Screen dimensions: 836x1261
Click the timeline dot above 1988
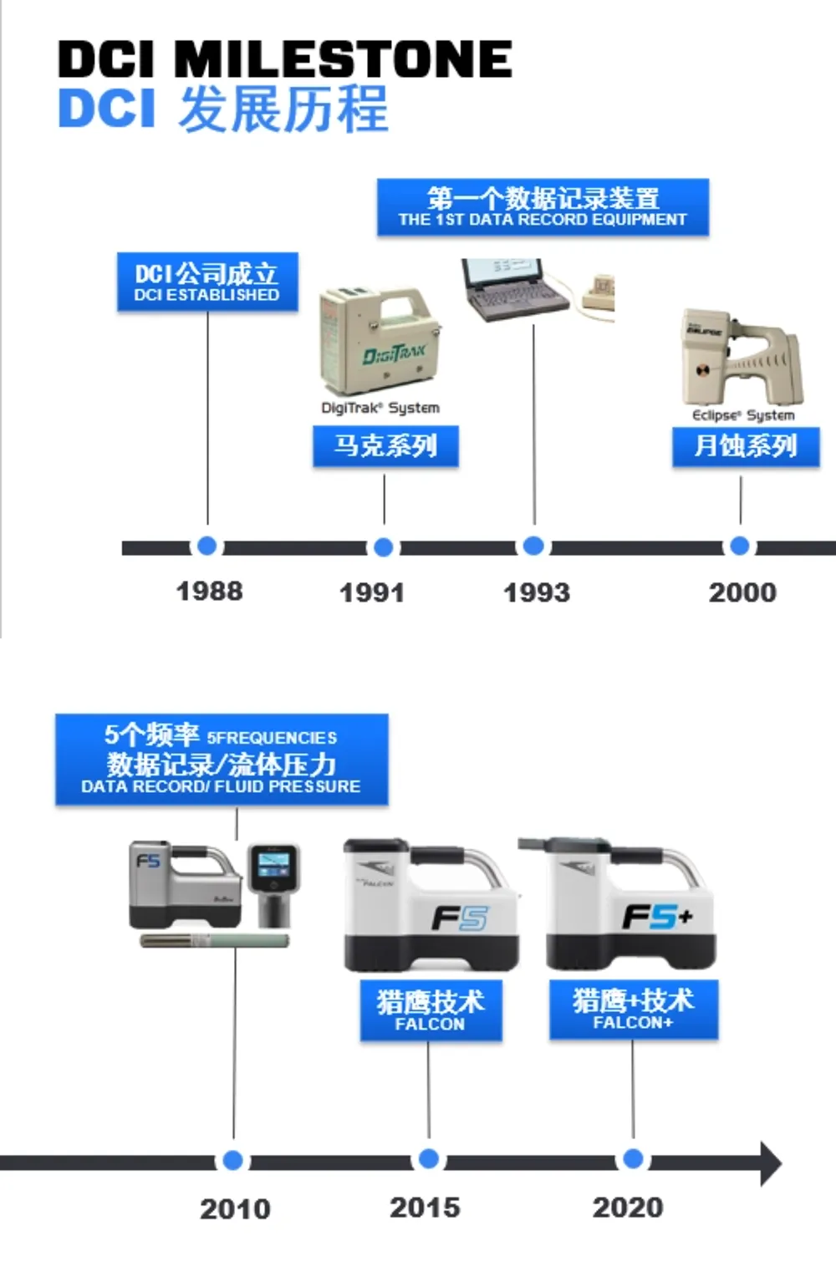click(207, 547)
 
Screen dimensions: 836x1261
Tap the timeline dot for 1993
click(533, 547)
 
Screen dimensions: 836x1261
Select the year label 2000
click(742, 592)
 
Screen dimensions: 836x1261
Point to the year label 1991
click(372, 592)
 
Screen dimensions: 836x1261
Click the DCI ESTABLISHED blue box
click(207, 282)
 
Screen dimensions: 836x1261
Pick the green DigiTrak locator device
click(380, 342)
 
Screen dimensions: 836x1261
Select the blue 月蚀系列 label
click(746, 446)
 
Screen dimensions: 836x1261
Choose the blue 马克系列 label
click(385, 446)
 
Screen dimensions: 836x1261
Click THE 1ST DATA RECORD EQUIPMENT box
click(543, 207)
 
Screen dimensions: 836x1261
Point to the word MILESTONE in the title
click(343, 60)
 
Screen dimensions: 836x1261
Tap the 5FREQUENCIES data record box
click(222, 760)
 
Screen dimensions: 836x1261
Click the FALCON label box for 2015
click(431, 1010)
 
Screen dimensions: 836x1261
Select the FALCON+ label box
click(633, 1009)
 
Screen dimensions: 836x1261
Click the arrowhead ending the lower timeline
click(770, 1162)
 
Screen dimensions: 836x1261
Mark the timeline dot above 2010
click(233, 1161)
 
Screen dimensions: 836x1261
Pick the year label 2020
click(628, 1208)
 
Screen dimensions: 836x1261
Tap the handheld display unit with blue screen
click(273, 883)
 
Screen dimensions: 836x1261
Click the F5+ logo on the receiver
click(657, 918)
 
